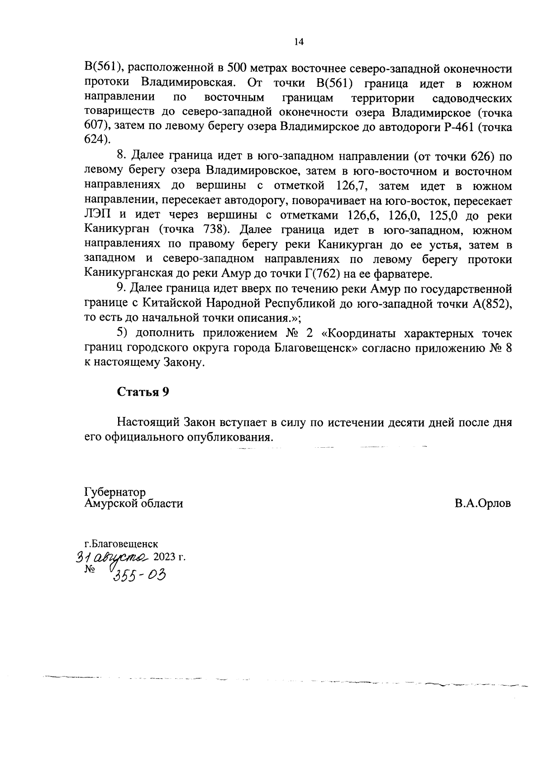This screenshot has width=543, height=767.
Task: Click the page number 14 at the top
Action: click(299, 42)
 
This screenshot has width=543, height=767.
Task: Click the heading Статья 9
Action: click(143, 392)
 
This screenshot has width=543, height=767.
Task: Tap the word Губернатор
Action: click(115, 492)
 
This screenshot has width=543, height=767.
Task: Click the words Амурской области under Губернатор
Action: click(133, 503)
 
